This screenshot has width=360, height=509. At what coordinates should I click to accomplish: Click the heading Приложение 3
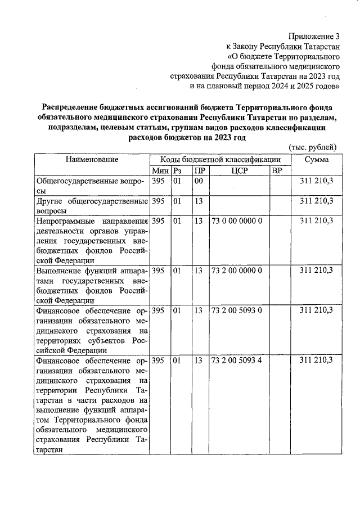(312, 36)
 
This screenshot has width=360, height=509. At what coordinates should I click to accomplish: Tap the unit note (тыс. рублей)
(312, 147)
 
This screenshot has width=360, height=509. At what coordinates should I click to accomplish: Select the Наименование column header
(92, 160)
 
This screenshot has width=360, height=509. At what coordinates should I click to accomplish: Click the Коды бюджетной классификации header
(220, 160)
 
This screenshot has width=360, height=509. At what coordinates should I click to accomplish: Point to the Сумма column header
(317, 160)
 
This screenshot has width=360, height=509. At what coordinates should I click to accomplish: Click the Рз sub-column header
(177, 170)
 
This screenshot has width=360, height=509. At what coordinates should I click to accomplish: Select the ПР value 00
(198, 181)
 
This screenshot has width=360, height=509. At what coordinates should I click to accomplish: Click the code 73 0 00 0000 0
(236, 221)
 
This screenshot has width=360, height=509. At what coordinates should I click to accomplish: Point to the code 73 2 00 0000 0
(236, 271)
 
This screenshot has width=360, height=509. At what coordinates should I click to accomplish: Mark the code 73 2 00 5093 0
(236, 310)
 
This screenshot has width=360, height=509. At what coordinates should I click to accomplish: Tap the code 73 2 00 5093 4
(236, 360)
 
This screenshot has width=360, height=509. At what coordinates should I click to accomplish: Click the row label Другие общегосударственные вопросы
(92, 206)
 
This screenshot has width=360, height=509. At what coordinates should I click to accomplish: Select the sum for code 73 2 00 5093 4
(316, 360)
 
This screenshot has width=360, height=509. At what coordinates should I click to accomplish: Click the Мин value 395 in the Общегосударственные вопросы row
(158, 181)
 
